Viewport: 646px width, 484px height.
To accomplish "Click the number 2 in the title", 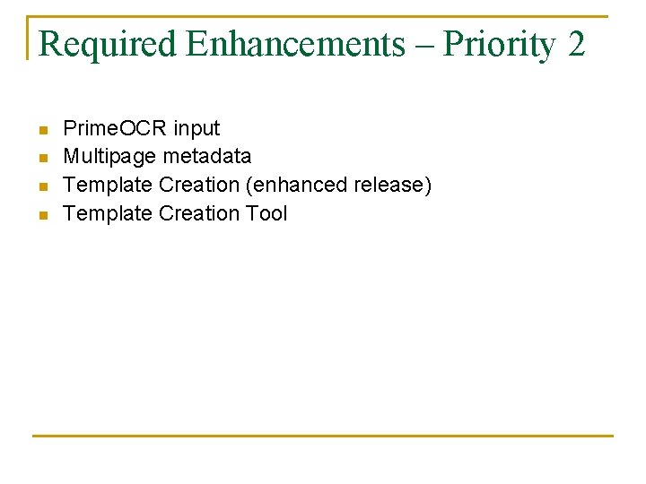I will coord(576,43).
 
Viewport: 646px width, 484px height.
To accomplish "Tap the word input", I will coord(196,129).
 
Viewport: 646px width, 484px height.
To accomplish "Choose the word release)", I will coord(392,186).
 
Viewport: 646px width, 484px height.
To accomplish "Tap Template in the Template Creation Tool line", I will coord(108,213).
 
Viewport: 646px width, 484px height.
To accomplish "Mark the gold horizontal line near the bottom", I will coord(323,436).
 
